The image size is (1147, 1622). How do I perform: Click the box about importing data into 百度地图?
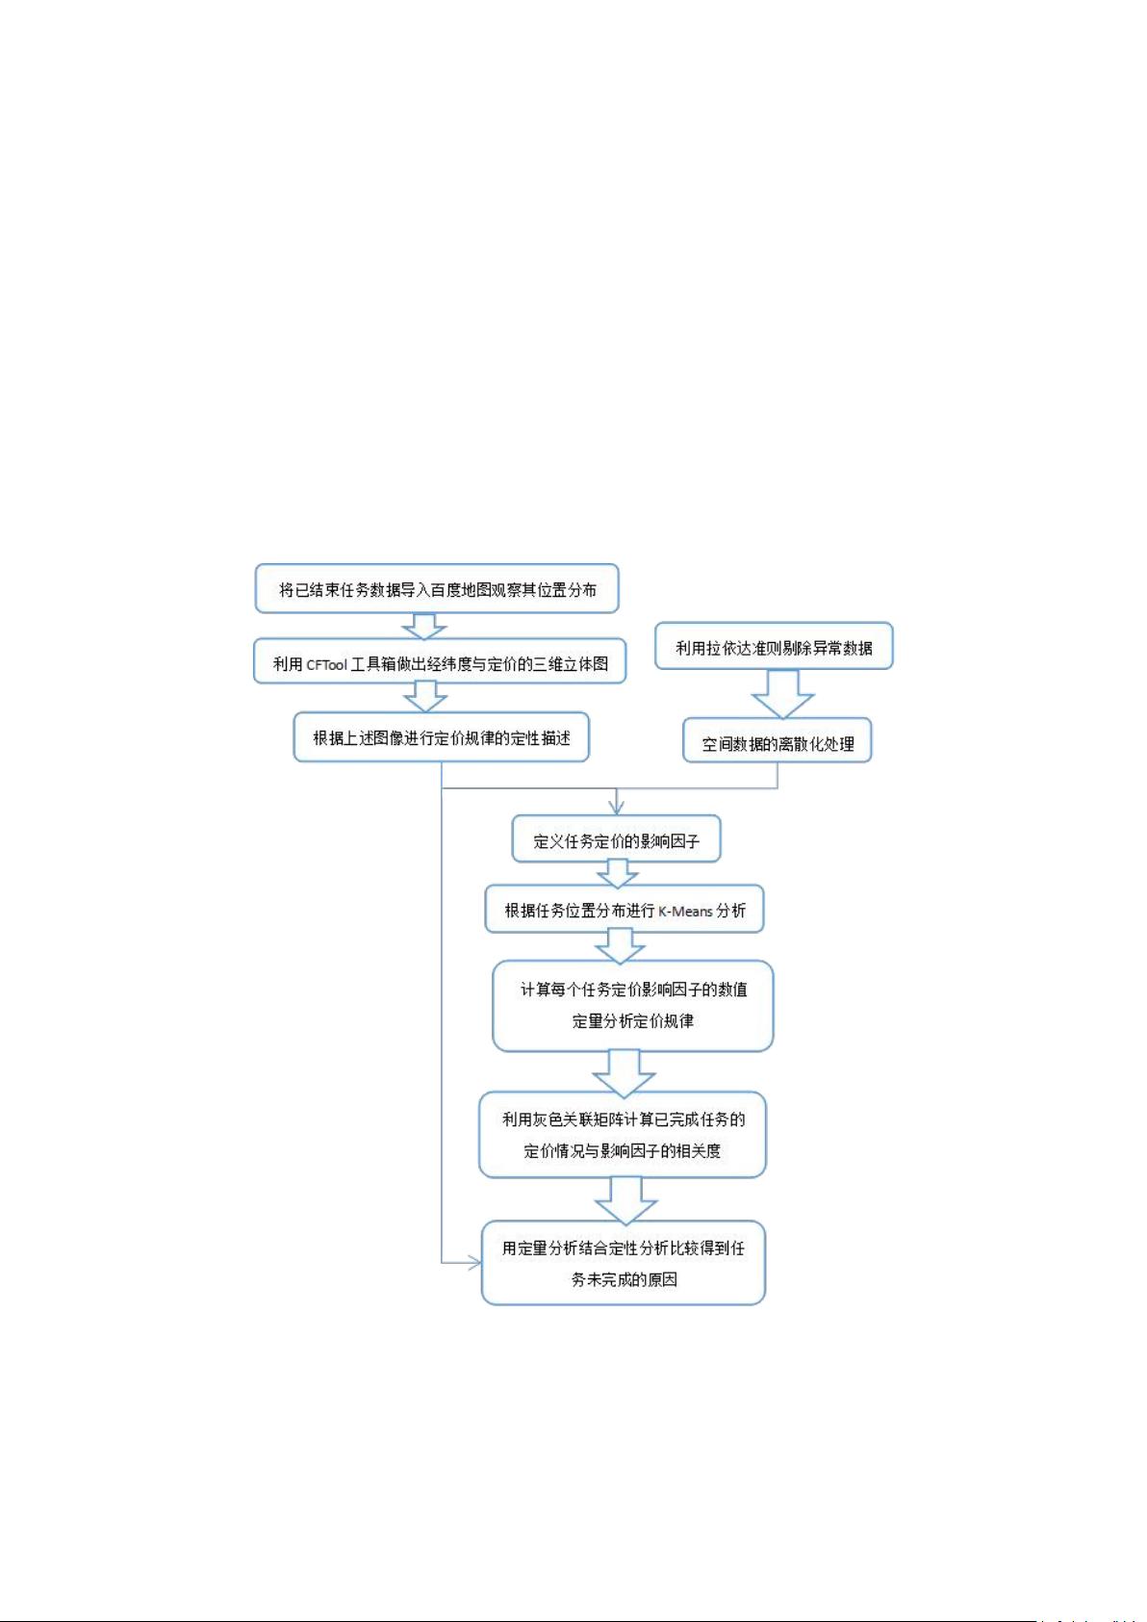(x=436, y=589)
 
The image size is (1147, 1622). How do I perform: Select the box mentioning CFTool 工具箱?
(x=439, y=661)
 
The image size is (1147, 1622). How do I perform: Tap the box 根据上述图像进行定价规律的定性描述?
(x=442, y=737)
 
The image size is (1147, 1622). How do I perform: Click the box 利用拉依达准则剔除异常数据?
(x=774, y=646)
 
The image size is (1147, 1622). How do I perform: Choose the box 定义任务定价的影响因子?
(x=616, y=838)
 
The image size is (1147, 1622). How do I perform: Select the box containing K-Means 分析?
(x=624, y=909)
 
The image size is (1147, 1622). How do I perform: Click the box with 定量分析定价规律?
(x=632, y=1006)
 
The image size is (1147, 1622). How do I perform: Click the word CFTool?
(x=326, y=665)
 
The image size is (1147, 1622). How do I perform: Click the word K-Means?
(x=685, y=911)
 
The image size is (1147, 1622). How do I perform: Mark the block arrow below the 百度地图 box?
(x=424, y=627)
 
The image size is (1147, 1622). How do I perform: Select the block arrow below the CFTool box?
(x=425, y=697)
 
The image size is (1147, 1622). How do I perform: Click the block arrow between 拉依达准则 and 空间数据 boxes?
(x=783, y=694)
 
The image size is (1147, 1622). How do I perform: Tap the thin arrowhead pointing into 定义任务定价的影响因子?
(x=616, y=807)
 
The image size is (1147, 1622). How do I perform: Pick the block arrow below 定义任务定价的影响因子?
(x=617, y=873)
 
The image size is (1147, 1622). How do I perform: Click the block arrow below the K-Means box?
(x=620, y=946)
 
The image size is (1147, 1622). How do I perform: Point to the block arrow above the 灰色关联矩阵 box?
(x=624, y=1071)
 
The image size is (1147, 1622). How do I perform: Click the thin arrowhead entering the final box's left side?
(x=474, y=1263)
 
